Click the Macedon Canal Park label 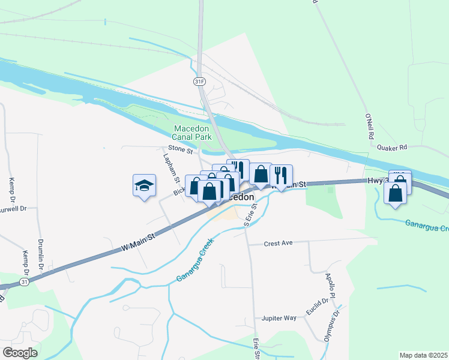click(x=193, y=133)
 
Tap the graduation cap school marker click(x=145, y=185)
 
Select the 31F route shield click(x=200, y=80)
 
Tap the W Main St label click(x=138, y=239)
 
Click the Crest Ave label click(x=278, y=243)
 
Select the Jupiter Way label click(x=279, y=318)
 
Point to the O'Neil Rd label click(x=369, y=127)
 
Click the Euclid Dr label click(x=316, y=310)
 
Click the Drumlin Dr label click(x=42, y=248)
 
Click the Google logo click(x=20, y=352)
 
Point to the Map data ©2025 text click(x=423, y=355)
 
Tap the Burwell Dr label click(x=13, y=209)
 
